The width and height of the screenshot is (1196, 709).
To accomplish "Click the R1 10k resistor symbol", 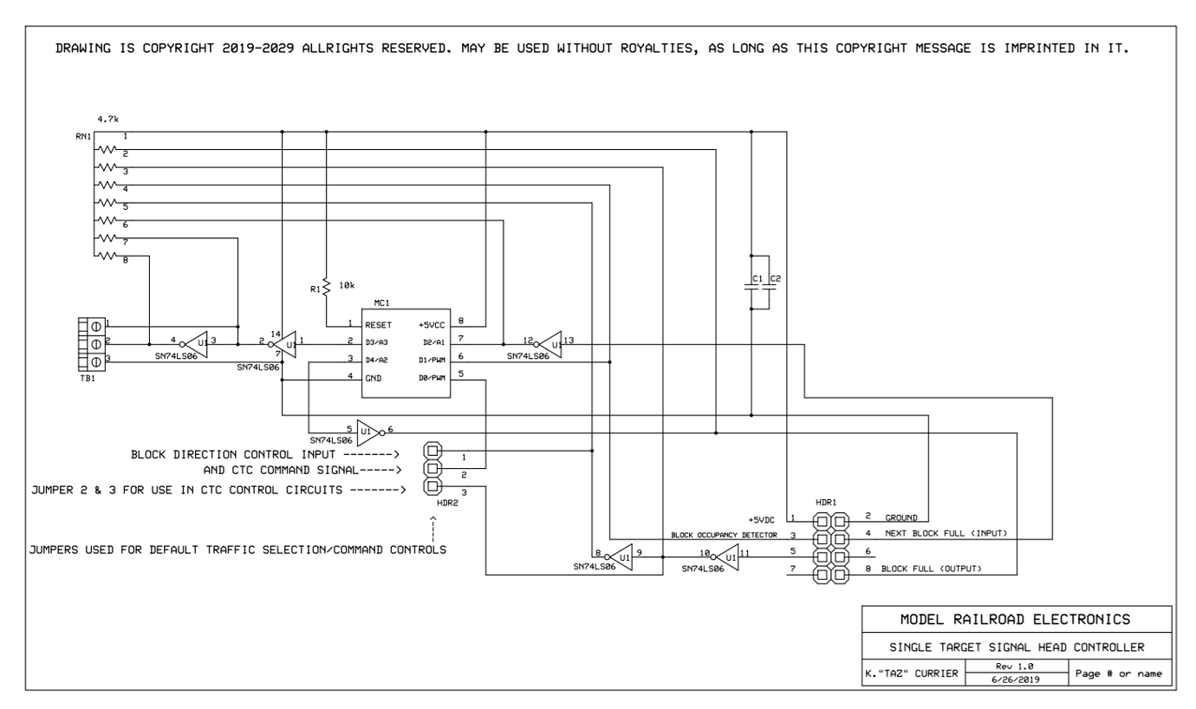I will pos(326,286).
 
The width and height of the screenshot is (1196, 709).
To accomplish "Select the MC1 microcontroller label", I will pos(382,302).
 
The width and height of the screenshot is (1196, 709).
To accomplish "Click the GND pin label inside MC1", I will pos(373,378).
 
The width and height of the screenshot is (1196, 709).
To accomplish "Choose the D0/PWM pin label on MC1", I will pos(432,378).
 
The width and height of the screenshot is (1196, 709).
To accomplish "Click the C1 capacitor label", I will pos(756,278).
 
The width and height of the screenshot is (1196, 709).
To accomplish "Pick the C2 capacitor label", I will pos(776,278).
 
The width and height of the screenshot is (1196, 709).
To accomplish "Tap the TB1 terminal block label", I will pos(86,378).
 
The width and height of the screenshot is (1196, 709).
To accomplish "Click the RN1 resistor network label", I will pos(83,137).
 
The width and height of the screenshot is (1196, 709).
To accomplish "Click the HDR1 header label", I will pos(825,503).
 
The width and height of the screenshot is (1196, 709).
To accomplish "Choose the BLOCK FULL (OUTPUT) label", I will pos(936,569).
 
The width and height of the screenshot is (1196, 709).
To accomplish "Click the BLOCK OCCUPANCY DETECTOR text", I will pos(724,535).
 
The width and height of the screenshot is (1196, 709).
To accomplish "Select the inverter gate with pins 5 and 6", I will pos(368,431).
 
